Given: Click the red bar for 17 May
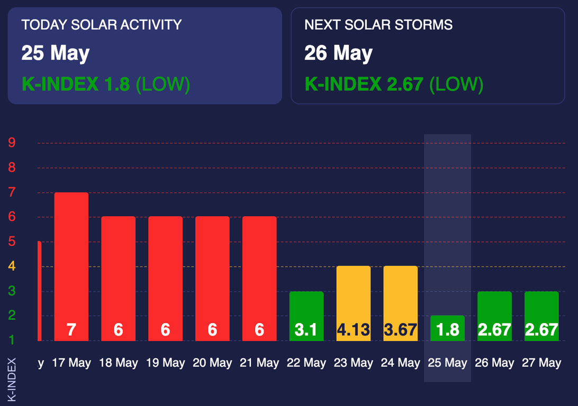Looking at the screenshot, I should tap(71, 264).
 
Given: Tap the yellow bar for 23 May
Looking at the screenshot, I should tap(353, 301).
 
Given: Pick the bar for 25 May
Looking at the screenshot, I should tap(447, 328).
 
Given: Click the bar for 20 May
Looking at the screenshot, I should tap(212, 275).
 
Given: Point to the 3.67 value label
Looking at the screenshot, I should tap(401, 330).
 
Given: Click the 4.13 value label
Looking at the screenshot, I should tap(354, 330).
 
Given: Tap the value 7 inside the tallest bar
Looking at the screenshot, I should tap(71, 330).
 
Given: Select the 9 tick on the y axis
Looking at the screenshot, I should tap(12, 143).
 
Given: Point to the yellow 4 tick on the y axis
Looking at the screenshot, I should tap(12, 266).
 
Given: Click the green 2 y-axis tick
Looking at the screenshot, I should tap(12, 316).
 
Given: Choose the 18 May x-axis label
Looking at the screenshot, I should tap(118, 363).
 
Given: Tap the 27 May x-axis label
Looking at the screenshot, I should tap(541, 363).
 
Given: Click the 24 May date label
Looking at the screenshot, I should tap(401, 363).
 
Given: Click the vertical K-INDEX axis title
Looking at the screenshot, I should tap(12, 380).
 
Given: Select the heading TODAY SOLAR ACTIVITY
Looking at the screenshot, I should tap(102, 25).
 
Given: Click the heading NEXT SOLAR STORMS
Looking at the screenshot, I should tap(378, 25).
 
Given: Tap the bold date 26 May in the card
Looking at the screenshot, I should tap(338, 53).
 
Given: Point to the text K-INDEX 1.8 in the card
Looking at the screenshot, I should tap(76, 84).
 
